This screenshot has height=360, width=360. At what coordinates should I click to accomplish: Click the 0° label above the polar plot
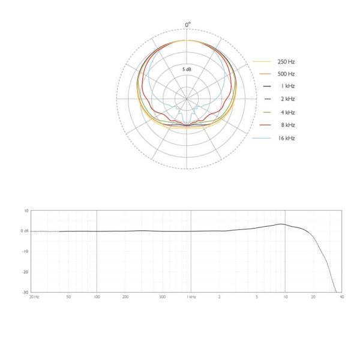[x=188, y=25]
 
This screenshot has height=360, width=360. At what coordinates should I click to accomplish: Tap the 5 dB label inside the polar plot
[x=187, y=69]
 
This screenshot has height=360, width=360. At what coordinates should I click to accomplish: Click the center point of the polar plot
[x=187, y=99]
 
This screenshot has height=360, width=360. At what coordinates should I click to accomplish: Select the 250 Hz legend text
[x=286, y=62]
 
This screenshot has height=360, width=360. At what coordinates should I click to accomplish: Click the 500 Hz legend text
[x=286, y=74]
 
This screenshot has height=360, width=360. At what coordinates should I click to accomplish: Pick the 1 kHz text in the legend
[x=288, y=86]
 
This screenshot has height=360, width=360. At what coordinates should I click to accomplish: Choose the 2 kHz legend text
[x=288, y=99]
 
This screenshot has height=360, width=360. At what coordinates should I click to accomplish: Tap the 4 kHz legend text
[x=288, y=112]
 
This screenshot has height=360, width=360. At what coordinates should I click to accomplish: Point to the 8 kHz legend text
[x=288, y=125]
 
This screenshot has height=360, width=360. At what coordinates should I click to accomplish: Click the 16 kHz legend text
[x=287, y=138]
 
